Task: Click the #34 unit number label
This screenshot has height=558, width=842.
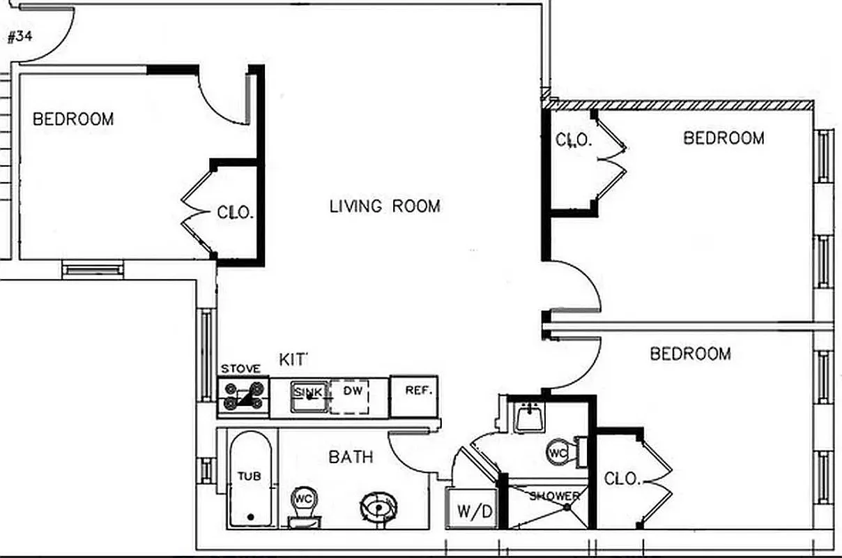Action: pos(20,37)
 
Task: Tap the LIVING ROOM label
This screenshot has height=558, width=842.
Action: pos(385,206)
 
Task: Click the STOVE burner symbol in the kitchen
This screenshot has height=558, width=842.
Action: pos(242,395)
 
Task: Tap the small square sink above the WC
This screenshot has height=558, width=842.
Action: pos(530,418)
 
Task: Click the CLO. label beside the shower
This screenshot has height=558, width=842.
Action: pos(622,479)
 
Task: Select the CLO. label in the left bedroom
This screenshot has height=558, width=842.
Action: pos(234,212)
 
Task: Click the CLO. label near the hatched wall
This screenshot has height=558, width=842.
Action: pos(573,139)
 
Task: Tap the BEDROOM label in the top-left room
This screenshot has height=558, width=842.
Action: pos(73,119)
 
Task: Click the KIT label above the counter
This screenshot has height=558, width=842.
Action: pos(293,360)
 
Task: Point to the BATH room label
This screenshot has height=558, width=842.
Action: pos(351,458)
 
